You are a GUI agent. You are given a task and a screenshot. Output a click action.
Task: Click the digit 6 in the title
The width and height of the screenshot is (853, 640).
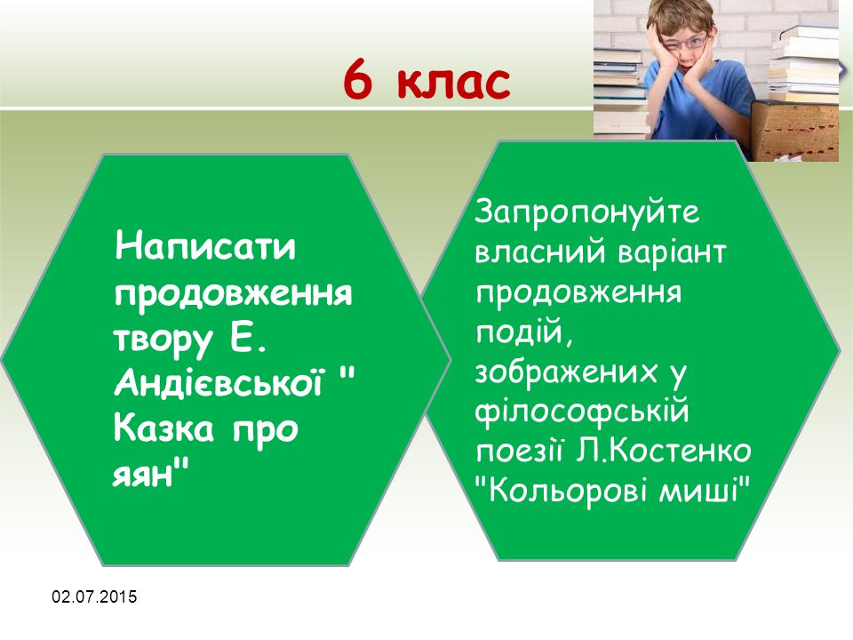click(358, 80)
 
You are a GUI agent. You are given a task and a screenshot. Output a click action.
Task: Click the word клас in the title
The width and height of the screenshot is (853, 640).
click(454, 82)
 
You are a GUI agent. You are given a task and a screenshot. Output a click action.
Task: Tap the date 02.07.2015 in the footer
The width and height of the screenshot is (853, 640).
click(95, 596)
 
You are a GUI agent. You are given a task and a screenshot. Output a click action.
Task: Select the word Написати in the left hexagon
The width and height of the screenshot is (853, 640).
click(205, 246)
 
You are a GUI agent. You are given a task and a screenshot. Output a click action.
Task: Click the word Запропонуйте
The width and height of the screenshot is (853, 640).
click(587, 212)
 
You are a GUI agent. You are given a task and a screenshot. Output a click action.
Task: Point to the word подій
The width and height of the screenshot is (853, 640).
click(524, 331)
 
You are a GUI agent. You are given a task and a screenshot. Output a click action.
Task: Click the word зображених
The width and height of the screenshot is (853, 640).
click(566, 372)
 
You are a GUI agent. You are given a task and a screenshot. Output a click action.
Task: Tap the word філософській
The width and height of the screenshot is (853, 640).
click(582, 411)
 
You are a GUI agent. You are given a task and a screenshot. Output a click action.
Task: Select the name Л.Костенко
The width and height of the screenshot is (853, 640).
click(663, 452)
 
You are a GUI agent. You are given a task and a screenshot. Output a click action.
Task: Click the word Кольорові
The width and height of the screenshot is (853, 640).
click(568, 491)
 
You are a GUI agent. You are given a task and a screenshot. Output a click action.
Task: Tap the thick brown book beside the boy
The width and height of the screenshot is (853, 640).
click(795, 132)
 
